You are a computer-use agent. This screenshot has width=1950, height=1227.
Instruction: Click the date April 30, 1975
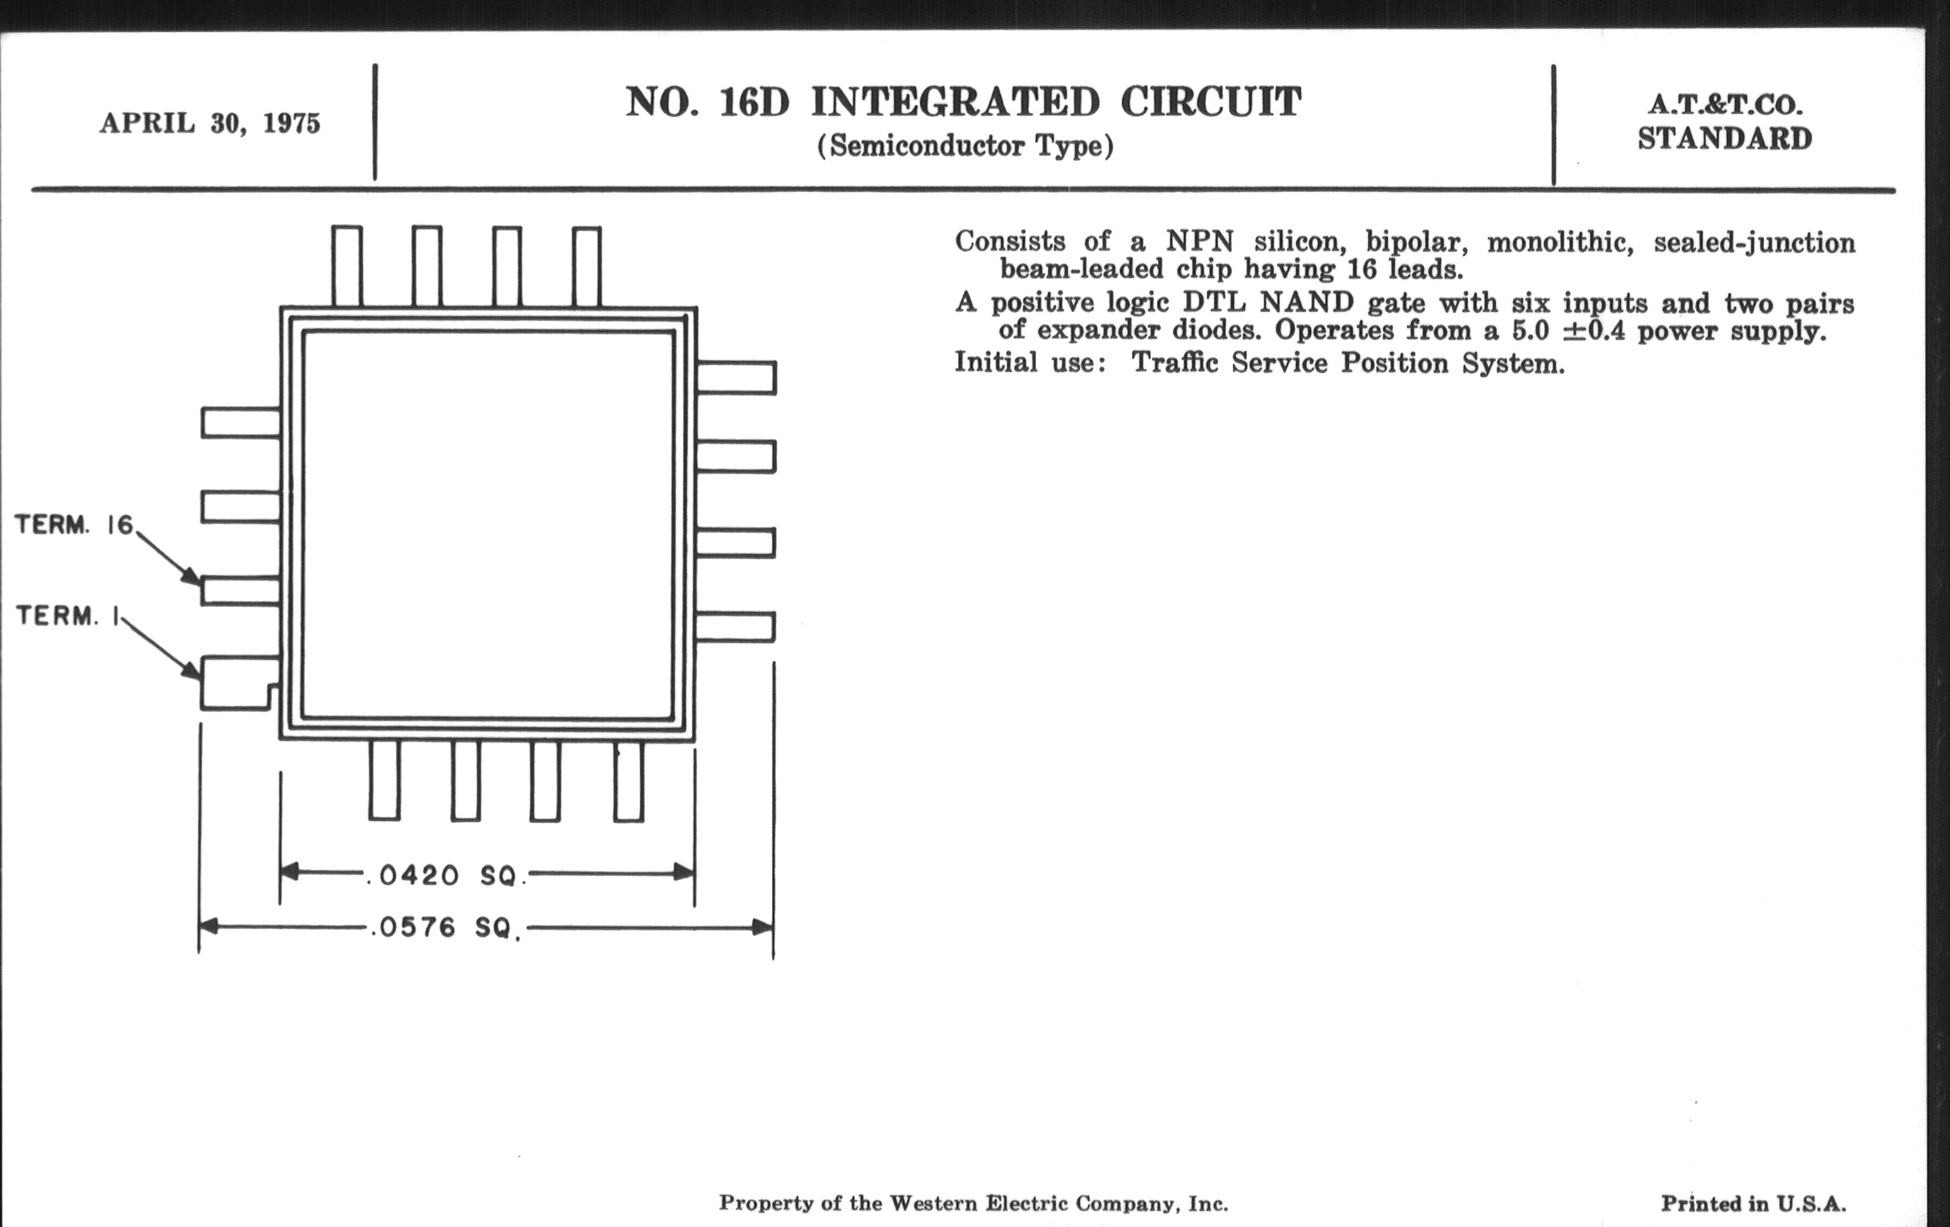coord(210,124)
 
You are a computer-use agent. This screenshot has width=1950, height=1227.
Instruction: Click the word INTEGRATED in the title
coord(956,102)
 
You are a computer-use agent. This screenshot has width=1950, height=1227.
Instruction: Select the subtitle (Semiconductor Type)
coord(965,147)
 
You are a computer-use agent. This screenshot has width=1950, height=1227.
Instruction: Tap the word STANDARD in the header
coord(1725,139)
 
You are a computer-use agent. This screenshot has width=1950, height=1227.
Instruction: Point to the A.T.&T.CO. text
coord(1725,104)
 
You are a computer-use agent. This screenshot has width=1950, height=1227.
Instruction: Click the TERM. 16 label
coord(74,524)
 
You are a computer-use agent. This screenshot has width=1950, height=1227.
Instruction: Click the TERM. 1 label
coord(68,616)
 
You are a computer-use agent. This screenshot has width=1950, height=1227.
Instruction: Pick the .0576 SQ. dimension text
coord(446,927)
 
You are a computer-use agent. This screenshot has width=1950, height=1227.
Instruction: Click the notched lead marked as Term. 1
coord(239,682)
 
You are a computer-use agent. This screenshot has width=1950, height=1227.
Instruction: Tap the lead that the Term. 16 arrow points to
coord(241,590)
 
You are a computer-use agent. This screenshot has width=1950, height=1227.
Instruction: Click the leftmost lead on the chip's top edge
coord(346,266)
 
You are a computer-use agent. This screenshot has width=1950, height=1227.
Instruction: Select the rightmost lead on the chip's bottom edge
coord(629,781)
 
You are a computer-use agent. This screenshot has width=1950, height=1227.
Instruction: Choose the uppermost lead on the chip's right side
coord(736,378)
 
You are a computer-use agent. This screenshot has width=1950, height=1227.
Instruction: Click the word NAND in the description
coord(1307,303)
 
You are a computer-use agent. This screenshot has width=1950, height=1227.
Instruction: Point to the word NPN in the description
coord(1200,241)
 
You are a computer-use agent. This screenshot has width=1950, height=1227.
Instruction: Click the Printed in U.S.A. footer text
coord(1754,1204)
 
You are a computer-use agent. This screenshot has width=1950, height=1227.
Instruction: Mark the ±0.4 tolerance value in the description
coord(1593,330)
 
